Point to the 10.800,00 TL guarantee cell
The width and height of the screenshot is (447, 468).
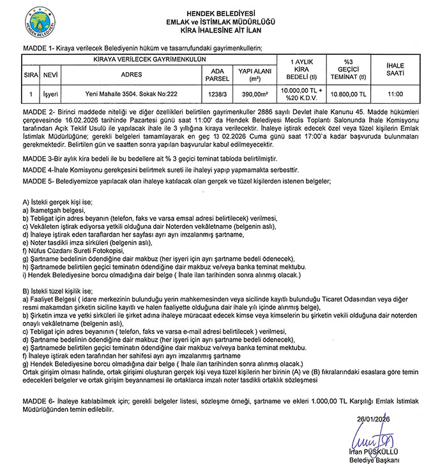coord(348,94)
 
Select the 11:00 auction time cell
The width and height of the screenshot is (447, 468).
coord(395,94)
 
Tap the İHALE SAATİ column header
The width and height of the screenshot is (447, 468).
coord(395,69)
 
